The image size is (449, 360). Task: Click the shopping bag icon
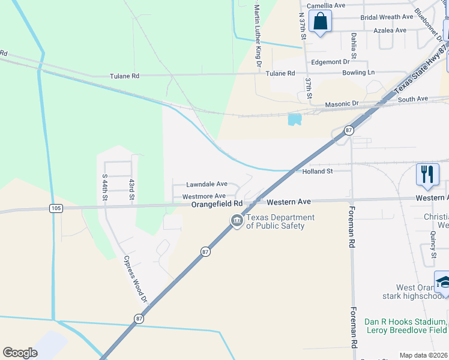[321, 22]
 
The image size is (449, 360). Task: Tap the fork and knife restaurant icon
[427, 175]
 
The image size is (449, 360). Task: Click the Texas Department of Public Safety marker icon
[237, 221]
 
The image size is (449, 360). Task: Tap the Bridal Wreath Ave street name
[387, 17]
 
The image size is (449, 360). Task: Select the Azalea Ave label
[390, 30]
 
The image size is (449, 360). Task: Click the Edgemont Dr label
[330, 62]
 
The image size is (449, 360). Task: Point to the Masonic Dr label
[342, 104]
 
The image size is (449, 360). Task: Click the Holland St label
[317, 172]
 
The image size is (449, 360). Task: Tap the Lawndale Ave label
[206, 184]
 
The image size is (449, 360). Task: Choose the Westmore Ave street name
[204, 196]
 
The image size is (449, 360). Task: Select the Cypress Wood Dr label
[135, 278]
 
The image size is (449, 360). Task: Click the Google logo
[20, 353]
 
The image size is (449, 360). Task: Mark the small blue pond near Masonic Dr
[294, 119]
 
